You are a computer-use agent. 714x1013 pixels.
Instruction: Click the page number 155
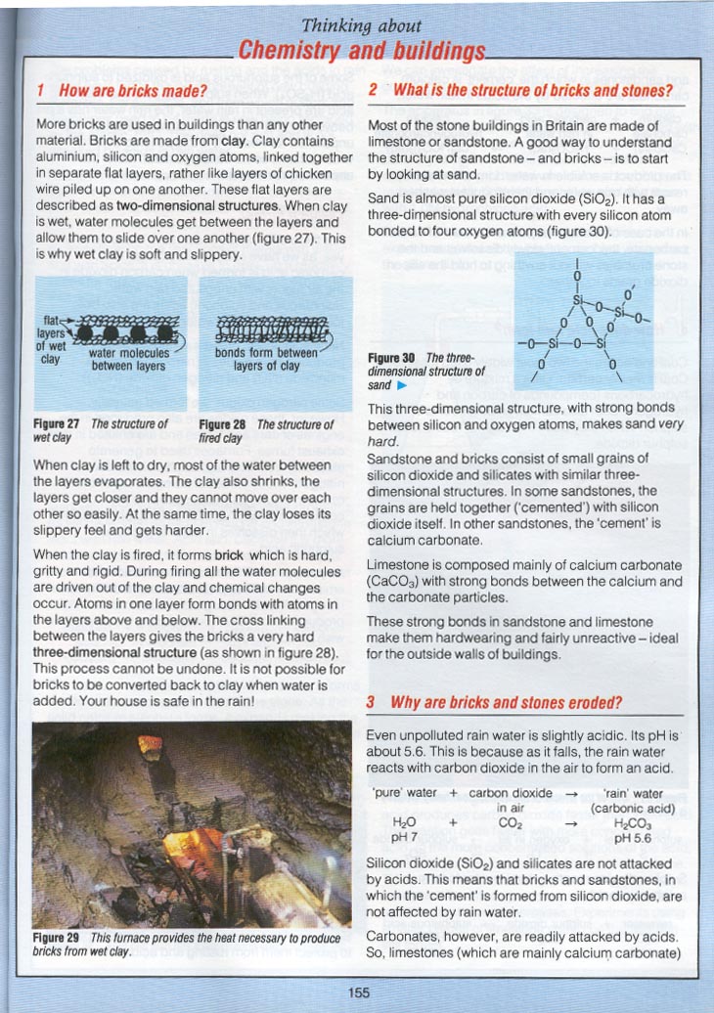pyautogui.click(x=358, y=992)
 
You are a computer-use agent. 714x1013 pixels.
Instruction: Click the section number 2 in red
pyautogui.click(x=373, y=92)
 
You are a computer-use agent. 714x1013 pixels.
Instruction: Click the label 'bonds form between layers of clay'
pyautogui.click(x=266, y=360)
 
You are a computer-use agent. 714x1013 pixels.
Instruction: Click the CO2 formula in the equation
pyautogui.click(x=512, y=823)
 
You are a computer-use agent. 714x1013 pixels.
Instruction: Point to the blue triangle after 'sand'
pyautogui.click(x=401, y=386)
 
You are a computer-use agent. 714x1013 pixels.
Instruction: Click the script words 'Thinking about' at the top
pyautogui.click(x=361, y=25)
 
